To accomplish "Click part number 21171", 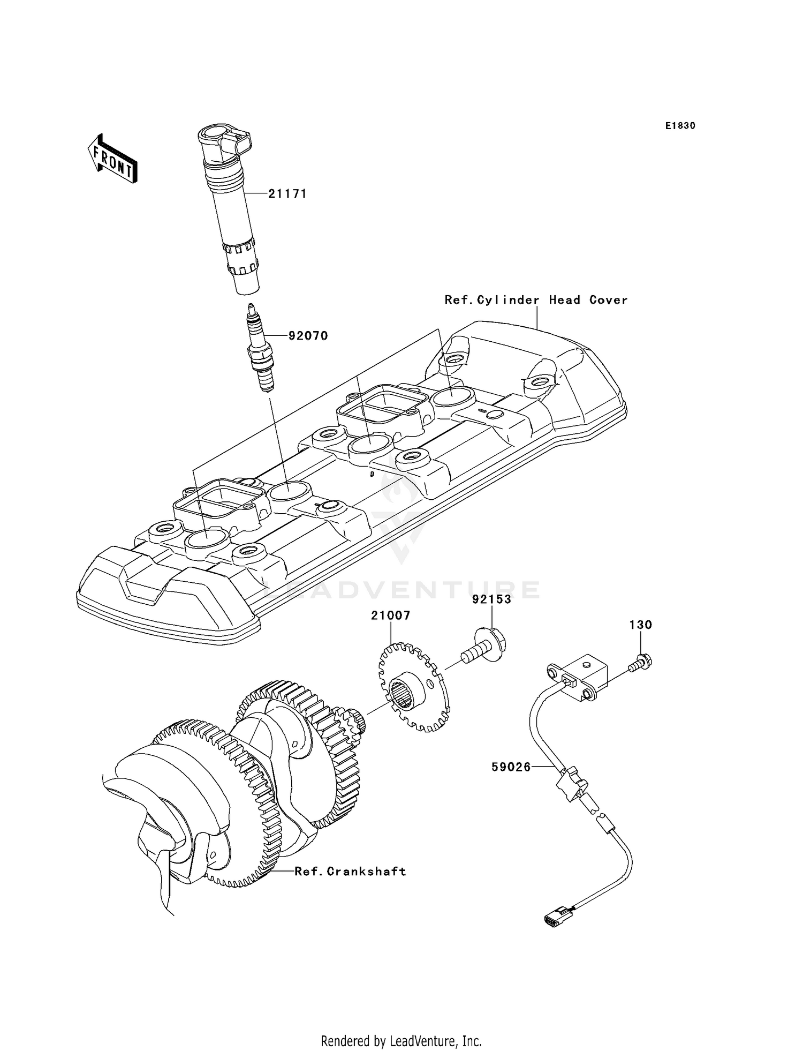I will coord(287,194).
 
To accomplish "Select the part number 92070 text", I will coord(308,336).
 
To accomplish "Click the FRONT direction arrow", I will coord(113,160).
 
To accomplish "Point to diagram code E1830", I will coord(680,126).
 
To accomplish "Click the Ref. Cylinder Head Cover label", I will coord(536,300).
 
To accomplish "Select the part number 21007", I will coord(391,615).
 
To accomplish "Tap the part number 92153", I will coord(491,599).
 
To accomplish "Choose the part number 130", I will coord(640,625).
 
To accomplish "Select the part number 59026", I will coord(511,767).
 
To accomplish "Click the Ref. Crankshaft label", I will coord(351,872).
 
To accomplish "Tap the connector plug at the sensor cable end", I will coord(554,922).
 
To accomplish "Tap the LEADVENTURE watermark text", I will coord(401,590).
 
